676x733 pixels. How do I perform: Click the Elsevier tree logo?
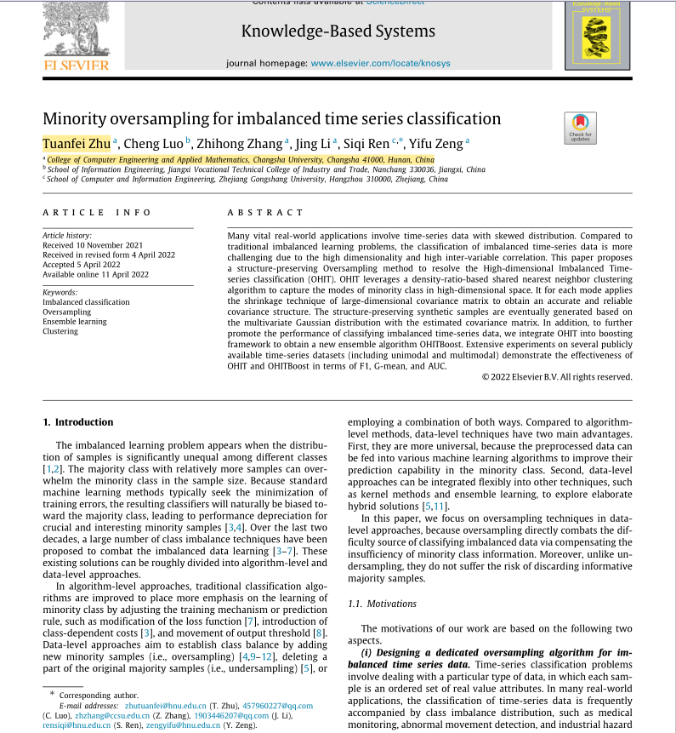pyautogui.click(x=77, y=30)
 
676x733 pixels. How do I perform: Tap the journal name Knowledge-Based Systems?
pyautogui.click(x=338, y=31)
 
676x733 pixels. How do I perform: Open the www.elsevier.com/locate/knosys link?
pyautogui.click(x=380, y=63)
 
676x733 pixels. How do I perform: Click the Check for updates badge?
pyautogui.click(x=580, y=128)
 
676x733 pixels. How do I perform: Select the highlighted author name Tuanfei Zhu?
pyautogui.click(x=77, y=142)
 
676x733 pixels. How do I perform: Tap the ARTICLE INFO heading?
pyautogui.click(x=97, y=213)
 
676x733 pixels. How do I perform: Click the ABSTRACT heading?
pyautogui.click(x=265, y=213)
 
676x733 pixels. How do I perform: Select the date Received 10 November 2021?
pyautogui.click(x=93, y=245)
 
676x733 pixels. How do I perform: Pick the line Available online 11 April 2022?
pyautogui.click(x=95, y=274)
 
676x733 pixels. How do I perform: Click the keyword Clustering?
pyautogui.click(x=60, y=331)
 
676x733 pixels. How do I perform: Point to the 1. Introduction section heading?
pyautogui.click(x=77, y=422)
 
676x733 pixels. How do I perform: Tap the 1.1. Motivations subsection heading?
pyautogui.click(x=383, y=604)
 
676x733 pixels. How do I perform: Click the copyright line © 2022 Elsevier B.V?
pyautogui.click(x=557, y=376)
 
